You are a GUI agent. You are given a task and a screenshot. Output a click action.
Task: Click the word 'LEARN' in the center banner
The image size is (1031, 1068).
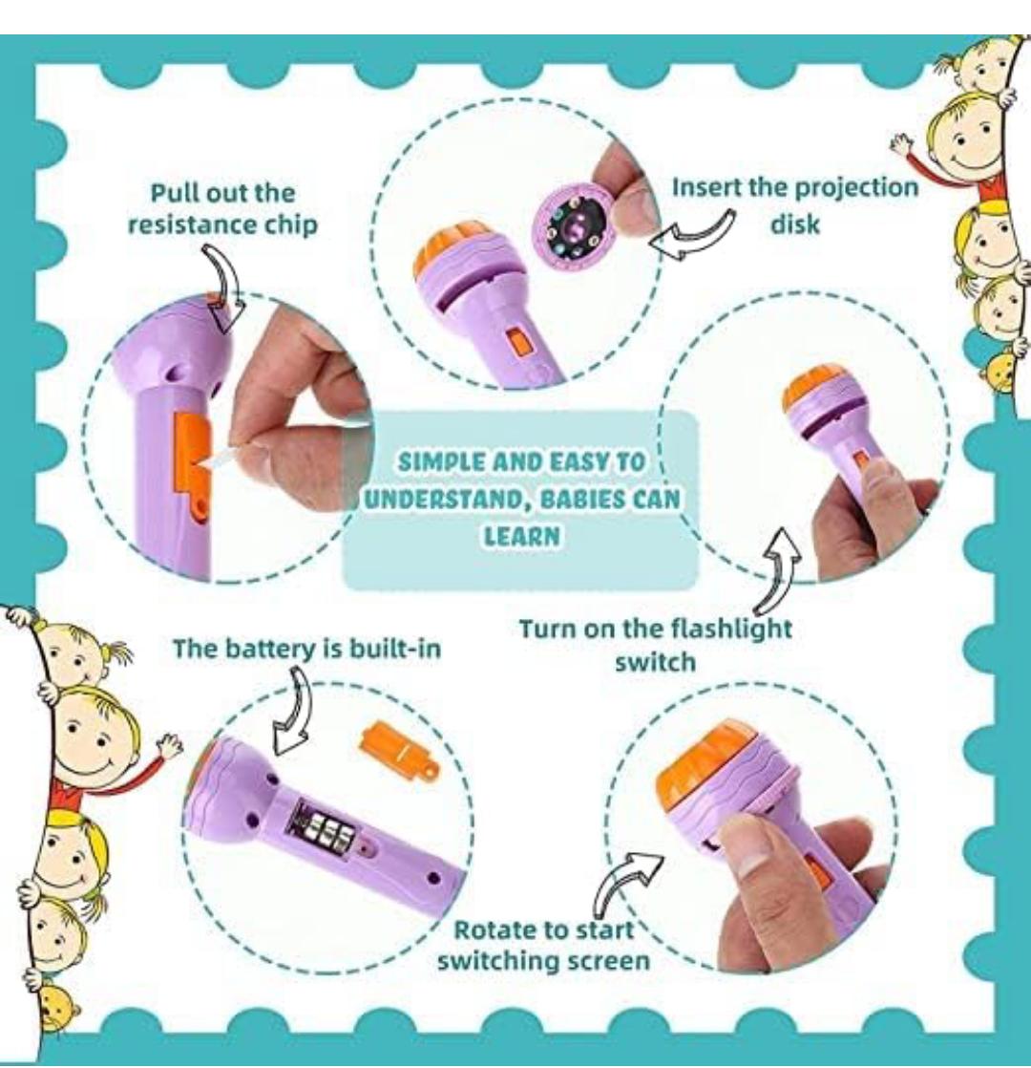522,536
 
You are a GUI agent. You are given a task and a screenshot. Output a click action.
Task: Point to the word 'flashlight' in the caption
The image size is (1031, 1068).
731,628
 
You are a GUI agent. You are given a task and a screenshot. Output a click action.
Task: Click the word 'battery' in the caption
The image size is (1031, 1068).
268,648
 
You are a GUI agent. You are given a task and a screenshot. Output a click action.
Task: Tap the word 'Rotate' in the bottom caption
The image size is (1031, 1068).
488,929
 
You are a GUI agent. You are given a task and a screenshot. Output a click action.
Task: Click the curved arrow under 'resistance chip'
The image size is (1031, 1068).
223,288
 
